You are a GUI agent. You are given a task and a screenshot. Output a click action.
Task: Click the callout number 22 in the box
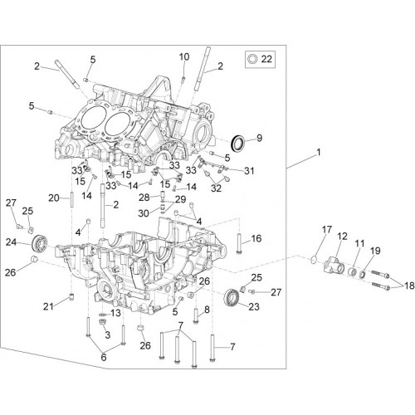point(266,59)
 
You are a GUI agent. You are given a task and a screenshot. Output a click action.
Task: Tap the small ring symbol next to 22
point(252,59)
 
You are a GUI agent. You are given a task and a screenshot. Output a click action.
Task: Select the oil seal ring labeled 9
point(237,143)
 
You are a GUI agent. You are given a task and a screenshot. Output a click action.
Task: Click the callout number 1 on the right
point(319,152)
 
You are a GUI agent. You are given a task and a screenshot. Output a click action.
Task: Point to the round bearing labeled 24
point(41,243)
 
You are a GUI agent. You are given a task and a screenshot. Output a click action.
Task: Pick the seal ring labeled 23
point(232,297)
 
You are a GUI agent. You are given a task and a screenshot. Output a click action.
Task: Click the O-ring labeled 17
point(314,260)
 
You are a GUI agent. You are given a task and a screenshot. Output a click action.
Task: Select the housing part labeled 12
point(333,266)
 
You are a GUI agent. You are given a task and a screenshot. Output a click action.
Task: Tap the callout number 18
point(409,286)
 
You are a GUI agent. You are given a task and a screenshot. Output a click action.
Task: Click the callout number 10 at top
point(184,57)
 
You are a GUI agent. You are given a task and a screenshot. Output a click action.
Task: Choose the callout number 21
point(48,306)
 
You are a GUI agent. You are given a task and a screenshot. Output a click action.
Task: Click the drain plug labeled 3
point(103,322)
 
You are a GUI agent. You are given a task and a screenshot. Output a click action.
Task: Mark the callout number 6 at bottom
point(104,358)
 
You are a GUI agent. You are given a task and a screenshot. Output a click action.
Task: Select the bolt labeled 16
point(239,244)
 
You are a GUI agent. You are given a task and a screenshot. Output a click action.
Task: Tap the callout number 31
point(249,171)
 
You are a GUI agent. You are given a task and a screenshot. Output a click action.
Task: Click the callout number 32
point(216,188)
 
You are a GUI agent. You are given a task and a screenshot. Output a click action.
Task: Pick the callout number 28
point(144,198)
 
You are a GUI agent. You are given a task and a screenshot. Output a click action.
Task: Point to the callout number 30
point(144,213)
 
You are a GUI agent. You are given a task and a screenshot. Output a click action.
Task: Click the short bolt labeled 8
point(196,316)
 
